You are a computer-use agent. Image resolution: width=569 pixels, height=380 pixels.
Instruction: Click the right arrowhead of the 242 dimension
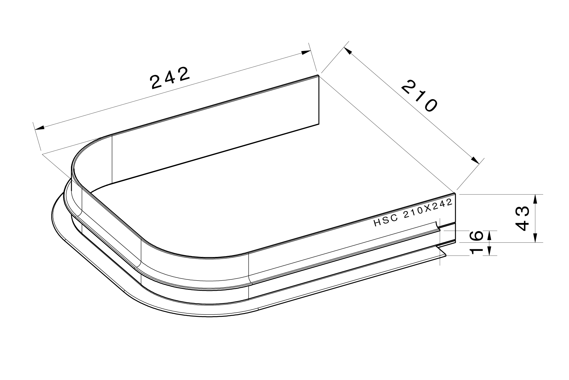[x=306, y=52]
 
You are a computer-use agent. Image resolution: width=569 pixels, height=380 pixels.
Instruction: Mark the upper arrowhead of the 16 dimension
[x=489, y=235]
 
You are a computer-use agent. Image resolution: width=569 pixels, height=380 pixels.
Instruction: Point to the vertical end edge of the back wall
[x=319, y=100]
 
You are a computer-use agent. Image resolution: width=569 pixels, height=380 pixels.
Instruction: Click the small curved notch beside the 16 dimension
[x=438, y=226]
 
